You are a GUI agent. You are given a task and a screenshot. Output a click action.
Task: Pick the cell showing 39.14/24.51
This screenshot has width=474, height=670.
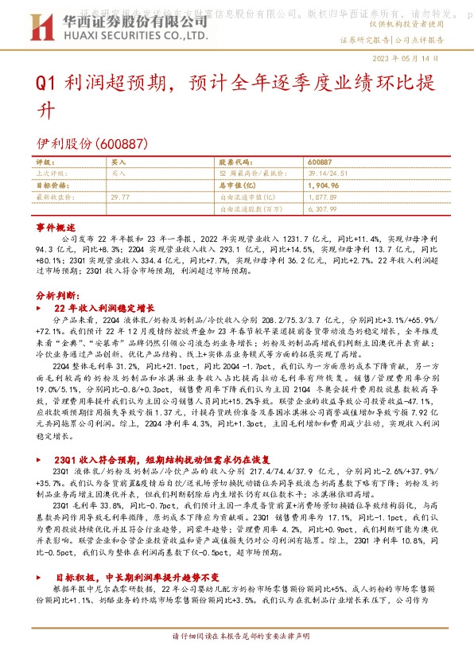pos(324,173)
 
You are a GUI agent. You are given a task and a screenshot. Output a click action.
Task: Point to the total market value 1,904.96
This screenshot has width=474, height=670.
pos(322,185)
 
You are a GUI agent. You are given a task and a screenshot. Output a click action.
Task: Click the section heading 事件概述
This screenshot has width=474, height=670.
pos(55,227)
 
